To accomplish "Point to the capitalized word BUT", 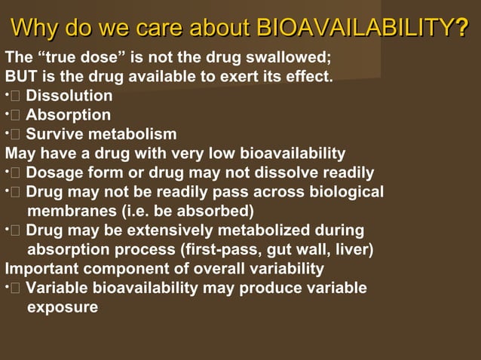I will pyautogui.click(x=20, y=76).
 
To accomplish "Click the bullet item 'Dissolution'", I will pyautogui.click(x=69, y=96).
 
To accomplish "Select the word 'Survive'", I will pyautogui.click(x=53, y=135).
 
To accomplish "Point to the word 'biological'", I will pyautogui.click(x=345, y=192).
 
